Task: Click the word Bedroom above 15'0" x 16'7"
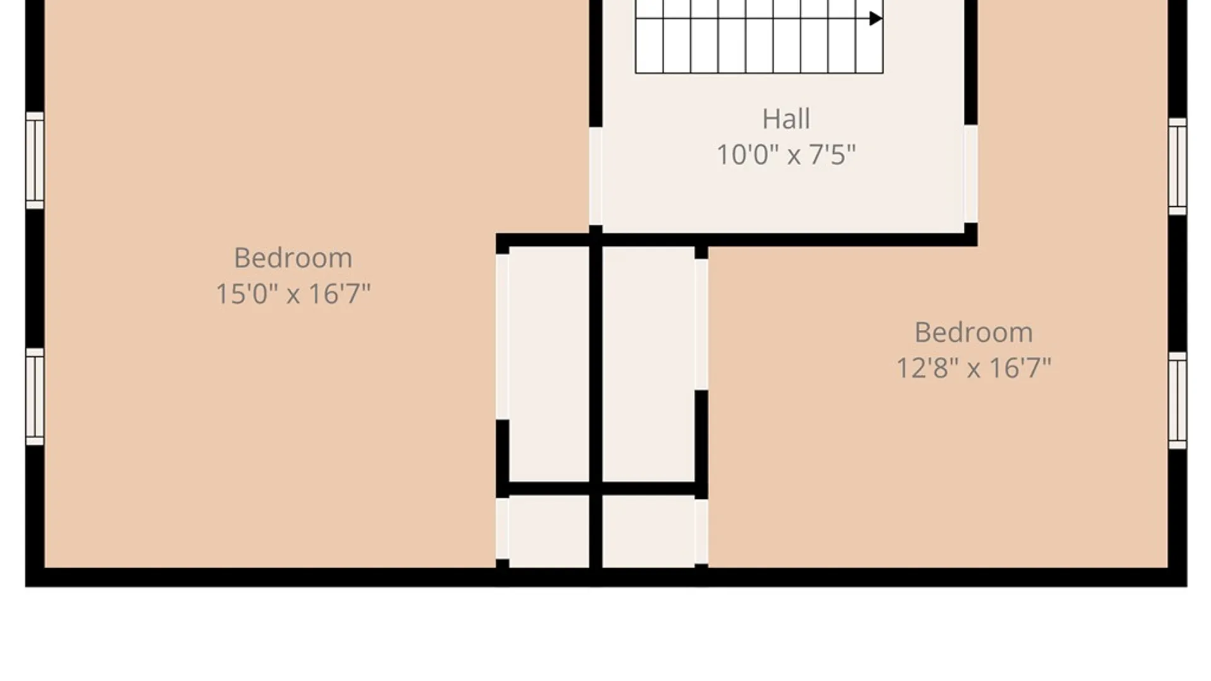tap(293, 258)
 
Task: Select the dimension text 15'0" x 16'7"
tap(293, 294)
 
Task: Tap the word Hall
tap(786, 119)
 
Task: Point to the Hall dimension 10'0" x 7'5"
tap(786, 154)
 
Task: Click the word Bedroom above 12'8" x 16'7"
tap(974, 332)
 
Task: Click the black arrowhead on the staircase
tap(875, 18)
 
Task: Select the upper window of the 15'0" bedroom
tap(35, 160)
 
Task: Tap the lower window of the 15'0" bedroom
tap(35, 397)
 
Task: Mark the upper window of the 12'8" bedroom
tap(1178, 166)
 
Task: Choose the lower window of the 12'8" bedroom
tap(1178, 400)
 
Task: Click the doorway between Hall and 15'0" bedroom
tap(595, 176)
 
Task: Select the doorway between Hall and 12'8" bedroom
tap(971, 174)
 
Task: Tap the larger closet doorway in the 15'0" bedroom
tap(502, 337)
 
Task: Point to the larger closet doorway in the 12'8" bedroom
tap(701, 324)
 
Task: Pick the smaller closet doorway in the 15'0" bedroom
tap(502, 528)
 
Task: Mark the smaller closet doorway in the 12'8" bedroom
tap(701, 532)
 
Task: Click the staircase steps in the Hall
tap(759, 37)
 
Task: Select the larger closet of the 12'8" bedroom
tap(648, 364)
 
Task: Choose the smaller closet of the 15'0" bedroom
tap(549, 532)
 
